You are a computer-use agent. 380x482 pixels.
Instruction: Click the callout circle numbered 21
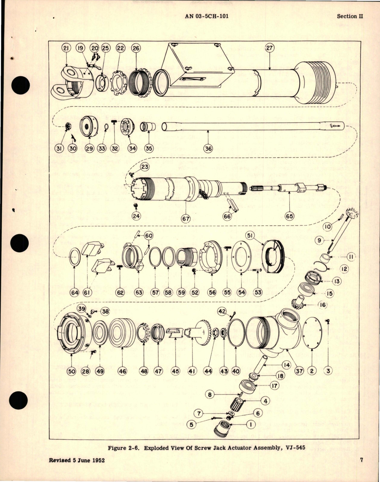(66, 48)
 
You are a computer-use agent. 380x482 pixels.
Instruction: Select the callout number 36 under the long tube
(209, 148)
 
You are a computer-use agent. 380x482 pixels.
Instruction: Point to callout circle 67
(186, 218)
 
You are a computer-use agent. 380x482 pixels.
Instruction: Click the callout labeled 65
(289, 216)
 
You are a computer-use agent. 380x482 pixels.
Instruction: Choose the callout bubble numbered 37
(299, 371)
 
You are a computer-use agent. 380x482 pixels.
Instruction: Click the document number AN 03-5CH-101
(207, 16)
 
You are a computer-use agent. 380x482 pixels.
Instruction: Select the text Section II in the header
(350, 16)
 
